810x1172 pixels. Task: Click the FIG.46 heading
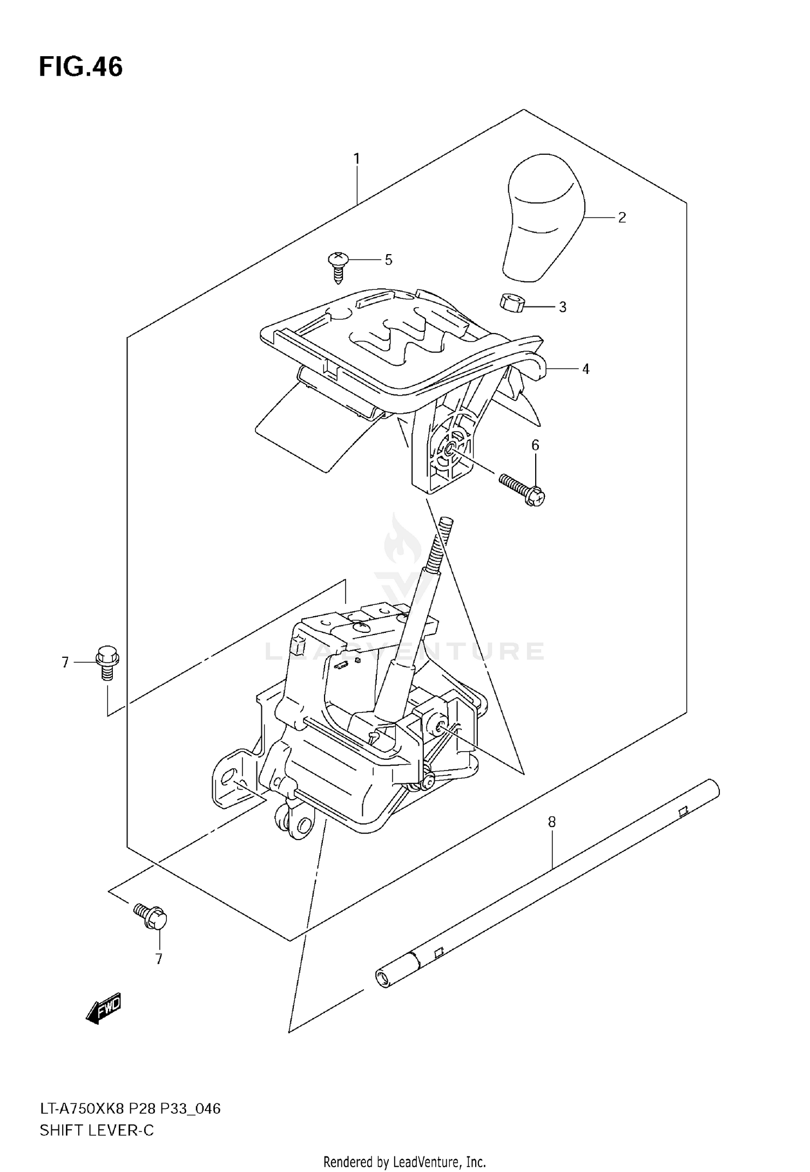click(x=81, y=67)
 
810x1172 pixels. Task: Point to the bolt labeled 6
click(x=521, y=487)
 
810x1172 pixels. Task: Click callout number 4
click(x=585, y=369)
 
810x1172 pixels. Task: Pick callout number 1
click(x=357, y=159)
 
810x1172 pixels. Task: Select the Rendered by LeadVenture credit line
click(x=404, y=1157)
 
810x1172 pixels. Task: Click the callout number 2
click(x=622, y=217)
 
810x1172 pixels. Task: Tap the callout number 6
click(x=535, y=445)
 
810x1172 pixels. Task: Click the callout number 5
click(x=388, y=260)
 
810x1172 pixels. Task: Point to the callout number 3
click(x=562, y=307)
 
